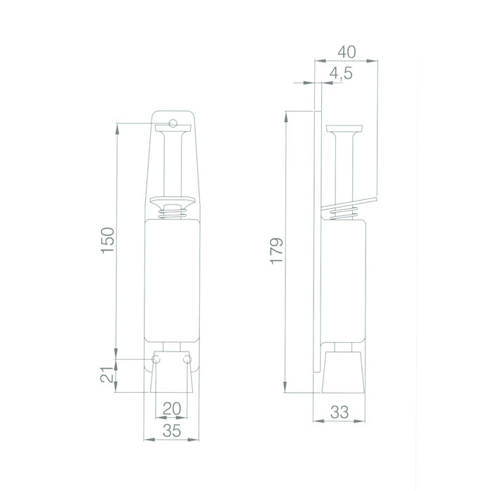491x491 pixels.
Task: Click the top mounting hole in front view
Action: (173, 124)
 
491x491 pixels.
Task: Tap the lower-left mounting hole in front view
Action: (156, 360)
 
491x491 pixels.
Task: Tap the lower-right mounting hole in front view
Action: (186, 360)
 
